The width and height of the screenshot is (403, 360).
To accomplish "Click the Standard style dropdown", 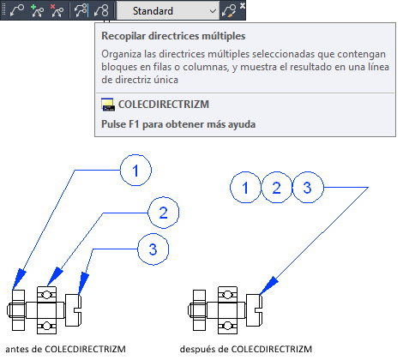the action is click(x=168, y=11).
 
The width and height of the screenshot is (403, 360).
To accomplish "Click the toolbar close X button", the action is click(x=243, y=5).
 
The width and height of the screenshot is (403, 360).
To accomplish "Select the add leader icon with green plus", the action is click(x=37, y=11).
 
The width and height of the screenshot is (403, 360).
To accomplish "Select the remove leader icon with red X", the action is click(x=57, y=11).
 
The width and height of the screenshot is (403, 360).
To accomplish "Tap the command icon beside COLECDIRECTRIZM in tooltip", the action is click(x=108, y=105).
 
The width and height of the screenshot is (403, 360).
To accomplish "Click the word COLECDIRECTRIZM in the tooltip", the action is click(x=164, y=105).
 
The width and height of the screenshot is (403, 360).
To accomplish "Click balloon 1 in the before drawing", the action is click(x=135, y=171).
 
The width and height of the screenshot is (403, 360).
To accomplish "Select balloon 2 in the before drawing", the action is click(x=163, y=213).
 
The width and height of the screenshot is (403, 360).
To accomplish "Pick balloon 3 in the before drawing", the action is click(x=153, y=249).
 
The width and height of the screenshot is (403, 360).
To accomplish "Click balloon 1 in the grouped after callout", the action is click(x=245, y=188).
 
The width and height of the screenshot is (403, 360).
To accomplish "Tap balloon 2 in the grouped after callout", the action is click(x=276, y=188).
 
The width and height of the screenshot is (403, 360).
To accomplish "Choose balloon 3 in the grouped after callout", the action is click(x=308, y=188).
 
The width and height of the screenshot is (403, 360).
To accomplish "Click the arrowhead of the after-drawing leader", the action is click(x=269, y=285).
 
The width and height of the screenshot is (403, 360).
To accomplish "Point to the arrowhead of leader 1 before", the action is click(x=19, y=279).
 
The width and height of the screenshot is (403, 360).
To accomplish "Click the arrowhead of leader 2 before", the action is click(x=55, y=276).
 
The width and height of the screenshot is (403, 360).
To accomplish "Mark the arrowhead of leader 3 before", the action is click(x=83, y=283).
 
